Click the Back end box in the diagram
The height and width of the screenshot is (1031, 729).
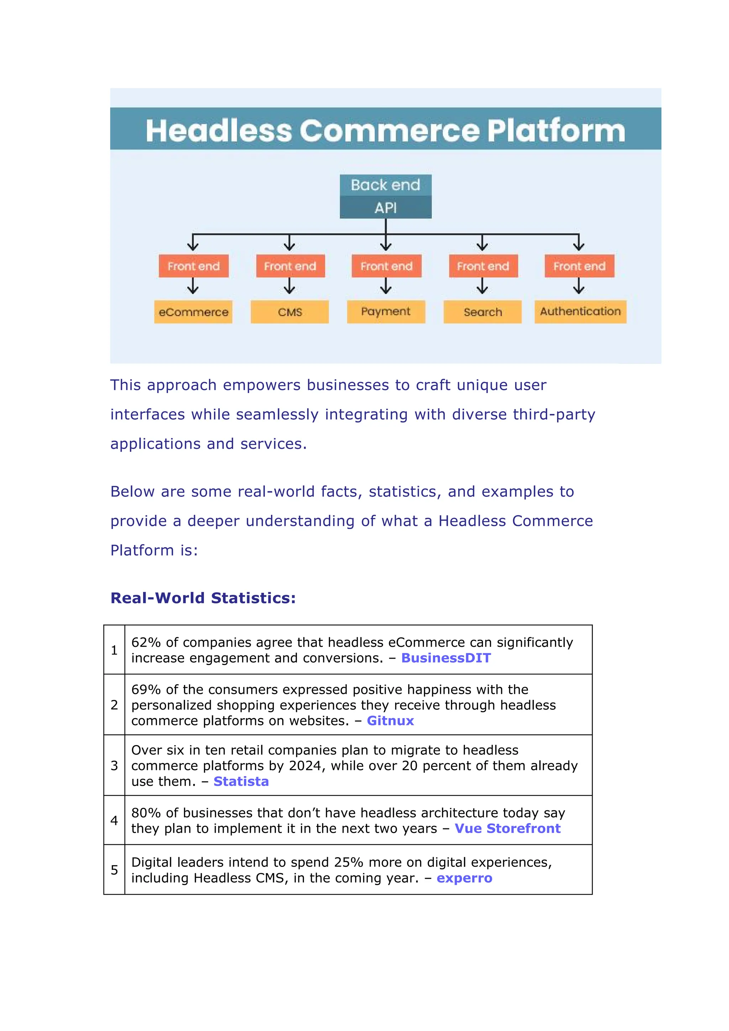pyautogui.click(x=385, y=185)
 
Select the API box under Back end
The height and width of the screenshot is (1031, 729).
pyautogui.click(x=385, y=208)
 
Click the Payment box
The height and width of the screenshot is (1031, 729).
pyautogui.click(x=386, y=312)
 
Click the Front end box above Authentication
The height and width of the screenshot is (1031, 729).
pyautogui.click(x=579, y=266)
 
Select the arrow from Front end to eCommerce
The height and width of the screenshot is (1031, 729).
pyautogui.click(x=193, y=286)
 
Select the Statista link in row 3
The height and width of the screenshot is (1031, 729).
pyautogui.click(x=241, y=781)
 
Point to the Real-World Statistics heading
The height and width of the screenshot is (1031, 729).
pyautogui.click(x=203, y=598)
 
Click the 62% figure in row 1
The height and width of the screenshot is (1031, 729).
pyautogui.click(x=146, y=642)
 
